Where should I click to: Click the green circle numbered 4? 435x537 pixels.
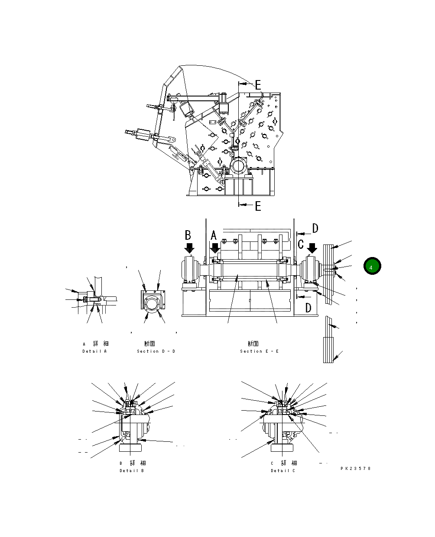(x=371, y=267)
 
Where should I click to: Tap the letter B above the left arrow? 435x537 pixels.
(x=188, y=235)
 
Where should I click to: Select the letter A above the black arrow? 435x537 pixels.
(x=214, y=236)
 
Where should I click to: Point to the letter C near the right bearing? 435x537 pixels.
(x=301, y=244)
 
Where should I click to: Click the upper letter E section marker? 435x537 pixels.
(x=258, y=84)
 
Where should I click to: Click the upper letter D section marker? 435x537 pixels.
(x=315, y=228)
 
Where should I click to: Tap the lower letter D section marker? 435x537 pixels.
(x=308, y=308)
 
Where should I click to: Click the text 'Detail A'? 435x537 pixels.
(x=94, y=351)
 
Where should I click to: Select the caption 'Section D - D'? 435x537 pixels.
(x=156, y=351)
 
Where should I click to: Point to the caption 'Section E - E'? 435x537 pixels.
(x=259, y=351)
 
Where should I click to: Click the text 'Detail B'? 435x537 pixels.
(x=132, y=470)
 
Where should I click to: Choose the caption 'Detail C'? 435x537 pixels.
(x=283, y=470)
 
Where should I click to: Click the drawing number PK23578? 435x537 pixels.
(x=356, y=468)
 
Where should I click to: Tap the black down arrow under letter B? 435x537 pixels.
(x=189, y=248)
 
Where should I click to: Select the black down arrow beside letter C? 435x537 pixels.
(x=312, y=248)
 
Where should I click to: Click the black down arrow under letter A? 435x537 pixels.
(x=215, y=249)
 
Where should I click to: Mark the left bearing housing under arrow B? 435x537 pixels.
(x=189, y=270)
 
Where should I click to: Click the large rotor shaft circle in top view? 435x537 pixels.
(x=238, y=166)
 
